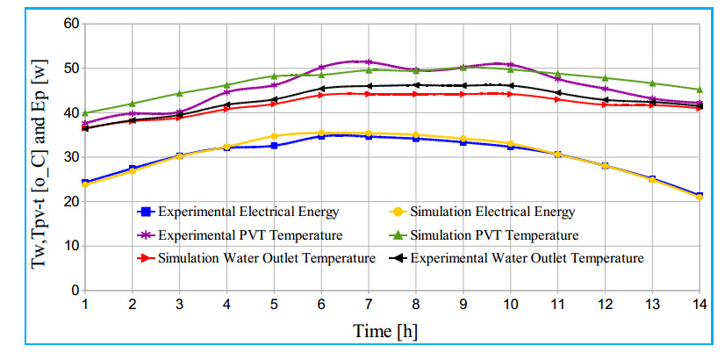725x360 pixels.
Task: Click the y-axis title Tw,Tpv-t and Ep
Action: pyautogui.click(x=40, y=155)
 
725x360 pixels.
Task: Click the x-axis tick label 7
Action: pyautogui.click(x=368, y=304)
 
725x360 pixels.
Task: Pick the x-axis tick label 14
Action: pyautogui.click(x=698, y=304)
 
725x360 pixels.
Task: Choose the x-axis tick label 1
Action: pyautogui.click(x=85, y=304)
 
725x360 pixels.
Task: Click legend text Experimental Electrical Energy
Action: pyautogui.click(x=247, y=212)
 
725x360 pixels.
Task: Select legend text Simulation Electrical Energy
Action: pyautogui.click(x=491, y=212)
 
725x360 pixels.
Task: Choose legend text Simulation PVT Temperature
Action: pyautogui.click(x=493, y=234)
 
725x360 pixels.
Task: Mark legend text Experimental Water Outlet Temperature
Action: pyautogui.click(x=527, y=257)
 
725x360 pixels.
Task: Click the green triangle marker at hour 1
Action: pyautogui.click(x=85, y=113)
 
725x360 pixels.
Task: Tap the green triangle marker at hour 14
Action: pyautogui.click(x=700, y=90)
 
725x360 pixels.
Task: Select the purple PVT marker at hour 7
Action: pyautogui.click(x=368, y=61)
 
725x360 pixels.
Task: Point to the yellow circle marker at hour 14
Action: pyautogui.click(x=700, y=197)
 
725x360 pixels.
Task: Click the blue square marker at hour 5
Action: pyautogui.click(x=274, y=146)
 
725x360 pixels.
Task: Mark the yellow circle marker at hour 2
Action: pyautogui.click(x=133, y=170)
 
